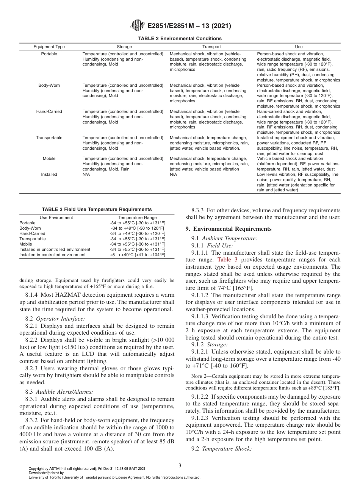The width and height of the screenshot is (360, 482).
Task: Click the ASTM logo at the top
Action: [137, 25]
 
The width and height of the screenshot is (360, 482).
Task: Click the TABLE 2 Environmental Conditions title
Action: [180, 39]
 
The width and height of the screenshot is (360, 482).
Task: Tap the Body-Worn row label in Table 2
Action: [49, 85]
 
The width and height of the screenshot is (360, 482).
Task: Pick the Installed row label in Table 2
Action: [49, 175]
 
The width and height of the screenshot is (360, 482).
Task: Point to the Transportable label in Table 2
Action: [49, 138]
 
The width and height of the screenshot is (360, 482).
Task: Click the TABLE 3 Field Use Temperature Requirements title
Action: [97, 210]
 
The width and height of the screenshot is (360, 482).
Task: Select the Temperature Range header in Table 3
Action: [137, 218]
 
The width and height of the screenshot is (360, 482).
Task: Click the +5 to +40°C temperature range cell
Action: [137, 255]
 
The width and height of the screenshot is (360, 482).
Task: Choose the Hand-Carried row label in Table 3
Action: [32, 234]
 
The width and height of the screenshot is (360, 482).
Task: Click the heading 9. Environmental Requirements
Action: [229, 229]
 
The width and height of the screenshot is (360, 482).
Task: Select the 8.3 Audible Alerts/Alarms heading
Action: [59, 391]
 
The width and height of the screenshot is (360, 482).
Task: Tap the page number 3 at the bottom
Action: [180, 466]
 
